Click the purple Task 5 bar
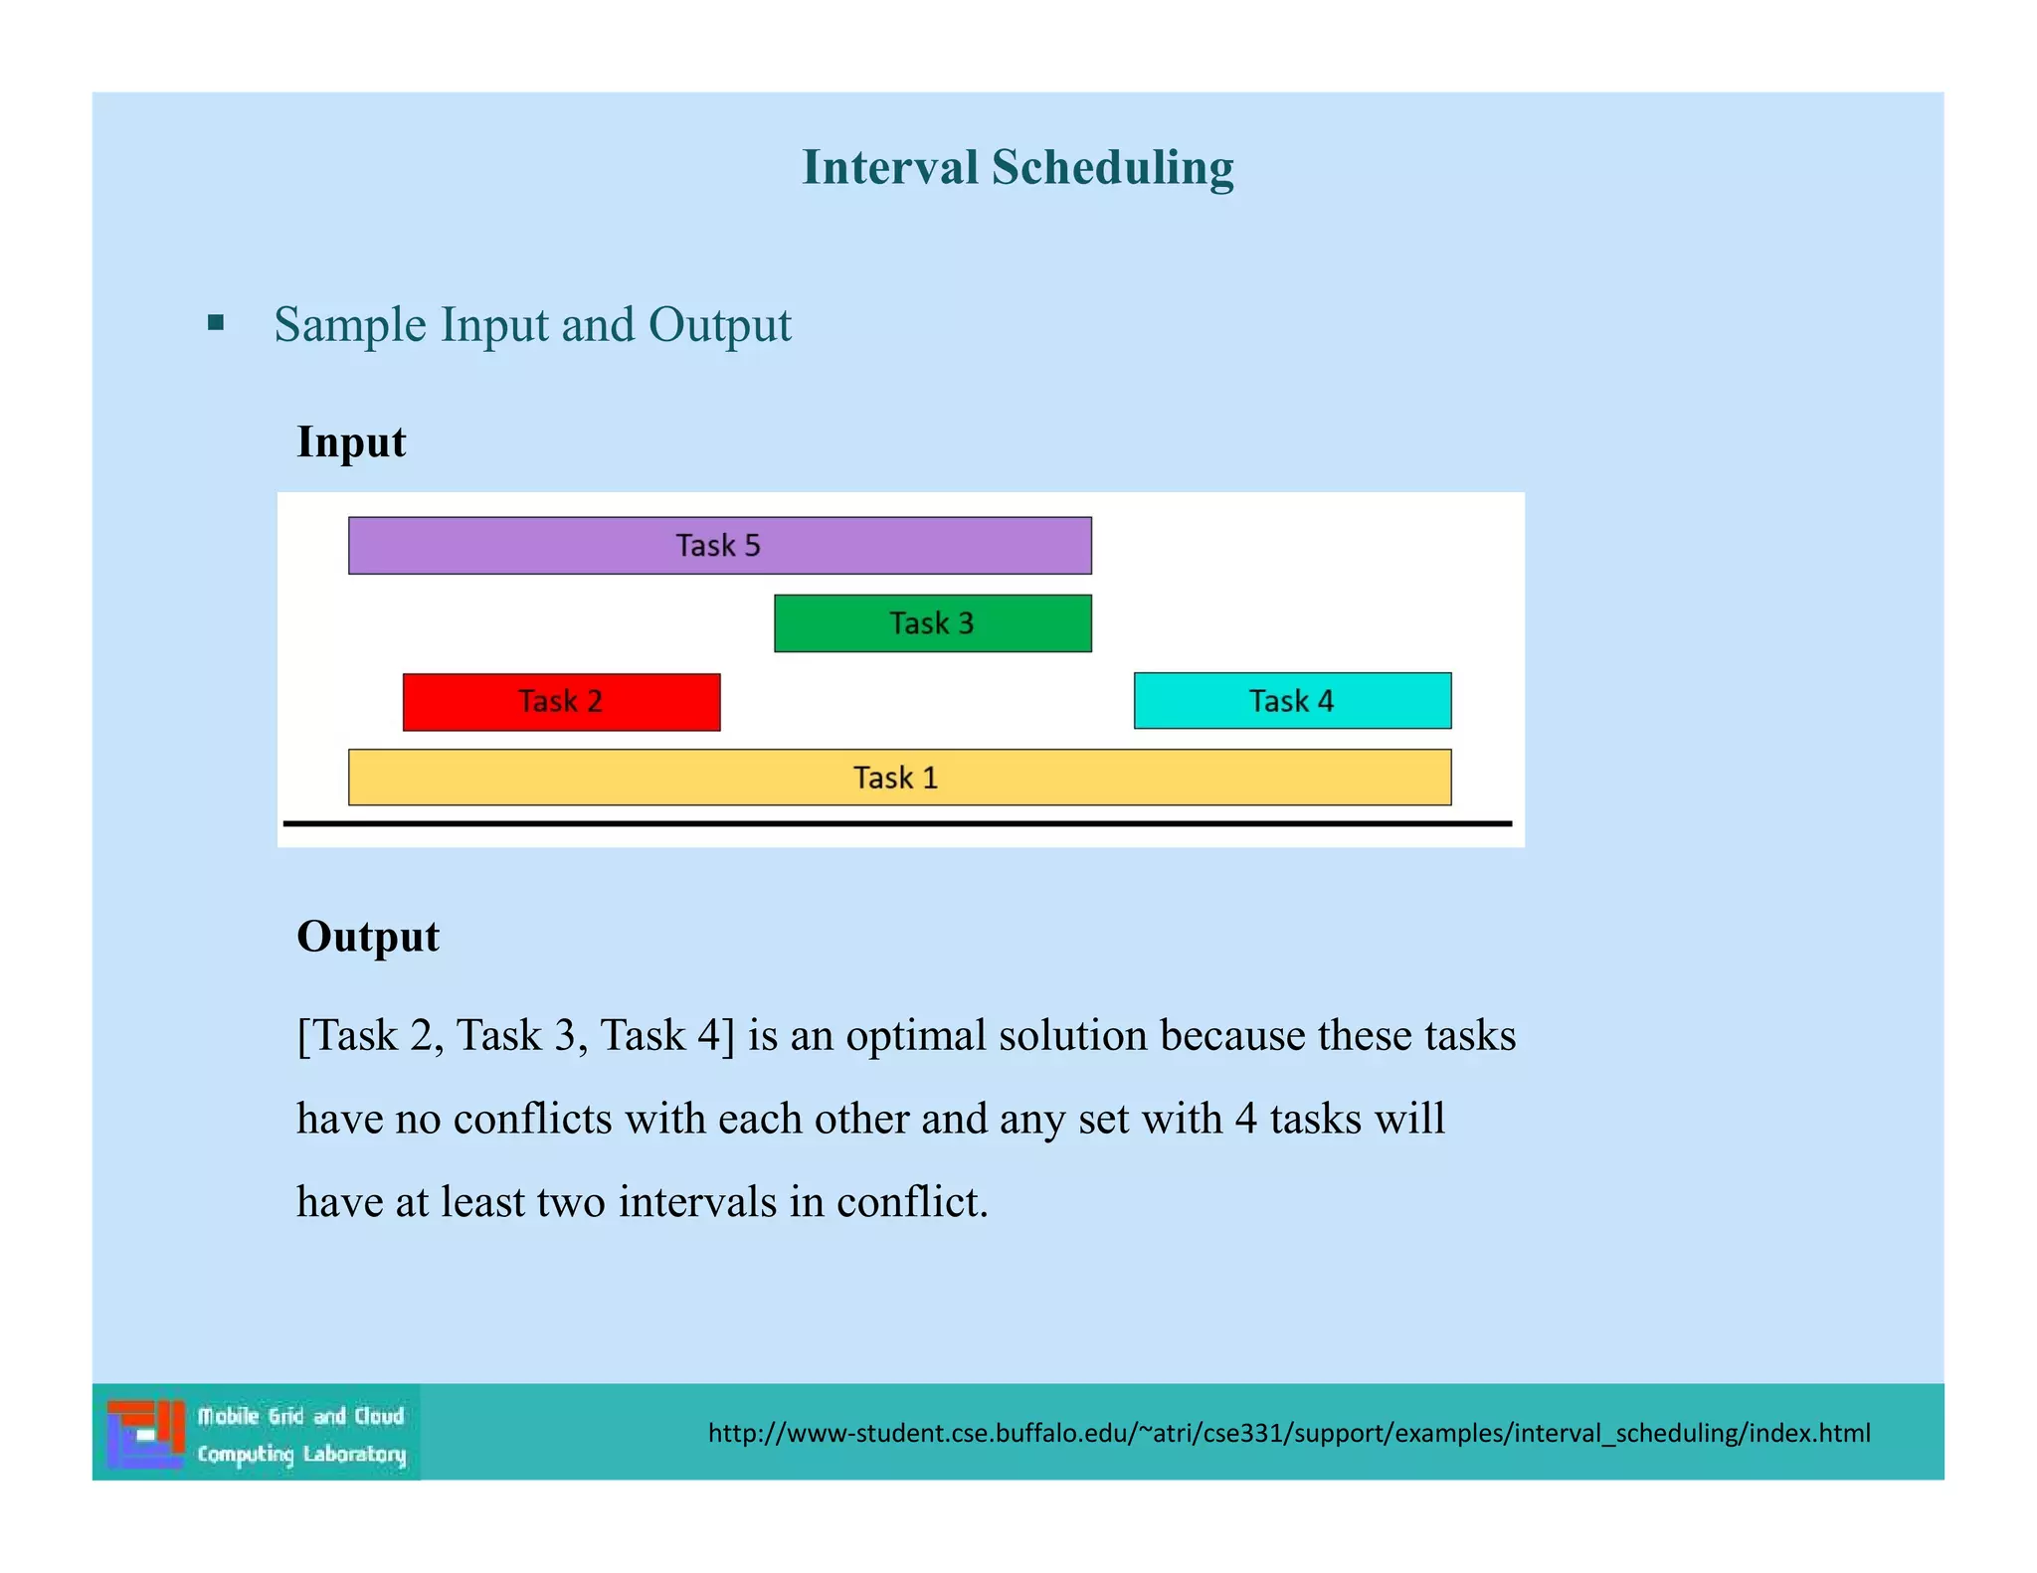click(719, 545)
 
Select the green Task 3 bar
click(932, 623)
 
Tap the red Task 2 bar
click(561, 702)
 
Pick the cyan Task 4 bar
click(1291, 701)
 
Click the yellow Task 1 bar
click(898, 778)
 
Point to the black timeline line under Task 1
click(898, 823)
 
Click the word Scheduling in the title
click(1112, 167)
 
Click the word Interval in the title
click(889, 167)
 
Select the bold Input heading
click(351, 441)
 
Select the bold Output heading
click(368, 937)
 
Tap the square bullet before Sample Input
click(216, 323)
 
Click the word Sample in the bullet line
click(350, 325)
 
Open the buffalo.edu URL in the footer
click(1288, 1433)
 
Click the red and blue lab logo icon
click(146, 1433)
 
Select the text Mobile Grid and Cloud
click(300, 1416)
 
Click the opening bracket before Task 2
click(302, 1036)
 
